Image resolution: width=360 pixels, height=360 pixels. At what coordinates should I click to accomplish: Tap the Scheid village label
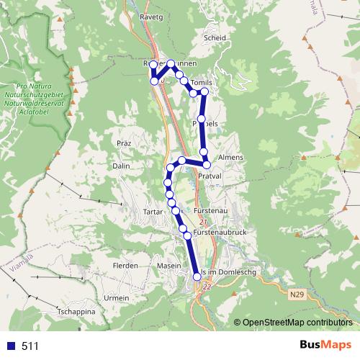click(215, 38)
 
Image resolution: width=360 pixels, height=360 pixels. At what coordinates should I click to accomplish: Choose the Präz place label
click(122, 143)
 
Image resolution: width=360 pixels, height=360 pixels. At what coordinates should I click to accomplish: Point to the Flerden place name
click(125, 266)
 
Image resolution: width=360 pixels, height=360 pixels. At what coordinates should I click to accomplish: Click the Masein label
click(169, 266)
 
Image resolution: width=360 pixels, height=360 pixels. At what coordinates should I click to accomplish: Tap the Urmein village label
click(116, 298)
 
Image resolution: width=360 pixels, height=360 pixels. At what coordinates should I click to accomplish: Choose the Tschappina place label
click(76, 312)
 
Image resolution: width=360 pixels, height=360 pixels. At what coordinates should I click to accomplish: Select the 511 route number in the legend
click(30, 346)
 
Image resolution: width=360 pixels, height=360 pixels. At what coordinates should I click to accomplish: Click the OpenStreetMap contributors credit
click(297, 323)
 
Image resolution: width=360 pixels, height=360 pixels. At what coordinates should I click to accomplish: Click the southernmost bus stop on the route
click(197, 276)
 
